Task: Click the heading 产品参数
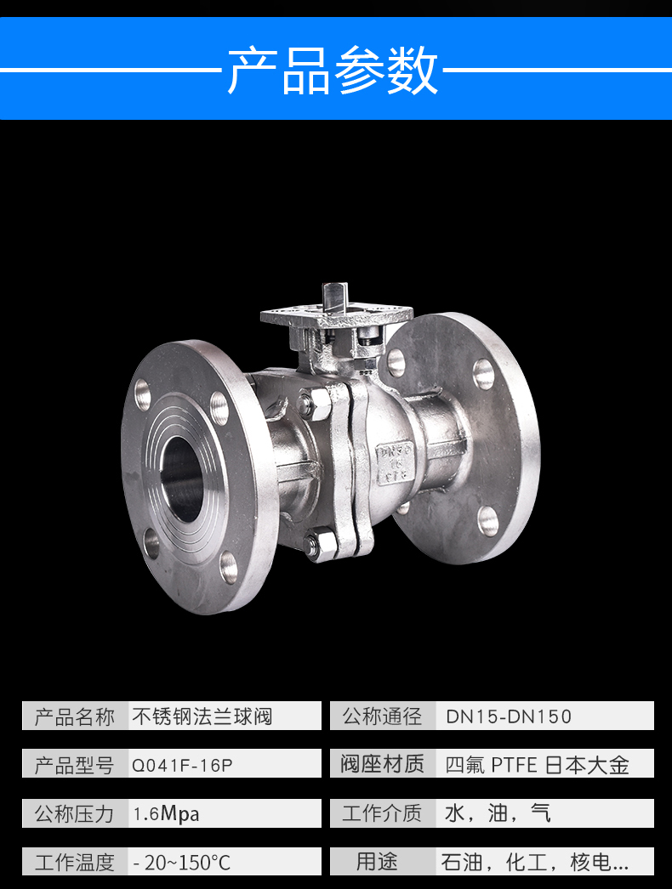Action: coord(333,71)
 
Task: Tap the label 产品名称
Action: coord(74,716)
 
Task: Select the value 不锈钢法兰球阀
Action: coord(202,716)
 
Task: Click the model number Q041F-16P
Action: coord(182,766)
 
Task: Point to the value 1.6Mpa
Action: coord(166,814)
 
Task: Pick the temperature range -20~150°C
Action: coord(182,863)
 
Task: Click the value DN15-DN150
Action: coord(509,716)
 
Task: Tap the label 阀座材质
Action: coord(382,764)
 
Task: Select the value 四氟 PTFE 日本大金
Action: coord(537,765)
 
